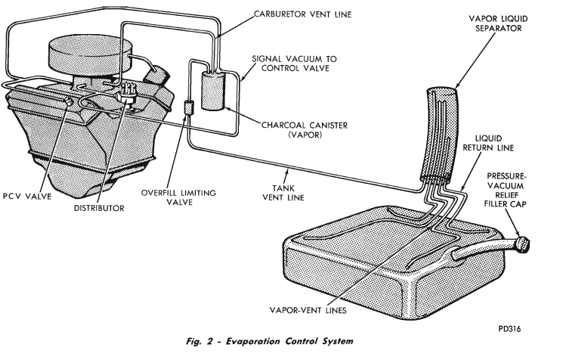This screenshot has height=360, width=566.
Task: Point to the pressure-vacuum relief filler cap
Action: (521, 244)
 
